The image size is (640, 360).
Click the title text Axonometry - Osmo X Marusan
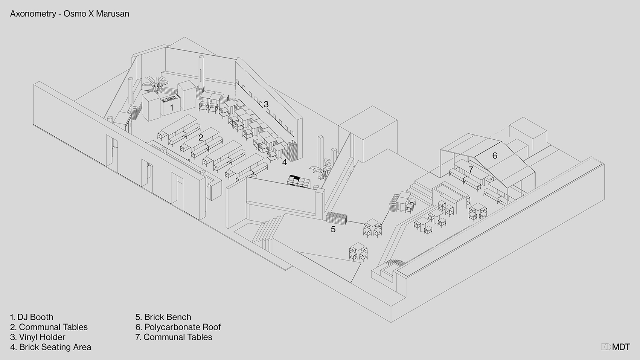tap(70, 14)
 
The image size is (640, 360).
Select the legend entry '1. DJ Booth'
tap(32, 317)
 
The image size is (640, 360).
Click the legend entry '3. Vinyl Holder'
tap(38, 337)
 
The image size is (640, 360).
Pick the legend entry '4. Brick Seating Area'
tap(50, 347)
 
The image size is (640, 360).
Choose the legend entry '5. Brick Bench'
tap(163, 317)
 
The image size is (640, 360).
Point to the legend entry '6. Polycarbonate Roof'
tap(178, 327)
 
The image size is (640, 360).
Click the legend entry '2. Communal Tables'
tap(49, 327)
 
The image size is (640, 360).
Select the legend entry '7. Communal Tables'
tap(174, 337)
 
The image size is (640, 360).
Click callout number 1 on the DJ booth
tap(172, 108)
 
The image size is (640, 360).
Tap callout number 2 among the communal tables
tap(201, 138)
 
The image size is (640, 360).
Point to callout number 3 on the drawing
tap(266, 104)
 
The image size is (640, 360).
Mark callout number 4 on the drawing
tap(285, 162)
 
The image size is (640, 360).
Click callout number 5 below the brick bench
tap(333, 229)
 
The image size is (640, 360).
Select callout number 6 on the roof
tap(495, 156)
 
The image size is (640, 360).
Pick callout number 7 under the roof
tap(471, 169)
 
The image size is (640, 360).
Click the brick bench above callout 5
tap(336, 218)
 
